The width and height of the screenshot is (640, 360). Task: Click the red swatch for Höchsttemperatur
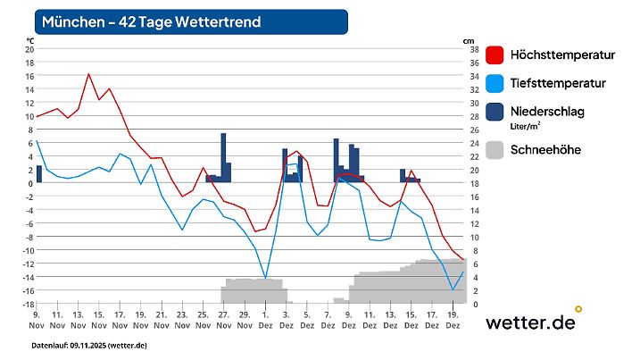(494, 55)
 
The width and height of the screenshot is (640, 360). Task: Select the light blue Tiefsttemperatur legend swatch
(494, 84)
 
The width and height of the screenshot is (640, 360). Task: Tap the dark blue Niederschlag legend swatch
(494, 112)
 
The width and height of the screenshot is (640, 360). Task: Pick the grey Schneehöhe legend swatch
(494, 150)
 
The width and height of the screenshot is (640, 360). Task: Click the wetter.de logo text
(529, 322)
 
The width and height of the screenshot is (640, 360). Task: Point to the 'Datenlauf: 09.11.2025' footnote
(89, 345)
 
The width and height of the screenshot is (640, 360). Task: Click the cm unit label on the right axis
(469, 41)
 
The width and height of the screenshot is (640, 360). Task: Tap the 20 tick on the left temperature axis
(29, 50)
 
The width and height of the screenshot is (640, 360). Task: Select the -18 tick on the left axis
(29, 304)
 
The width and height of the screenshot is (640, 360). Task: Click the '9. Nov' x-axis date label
(36, 320)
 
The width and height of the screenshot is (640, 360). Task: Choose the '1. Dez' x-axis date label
(265, 320)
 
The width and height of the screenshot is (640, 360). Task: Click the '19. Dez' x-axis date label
(453, 320)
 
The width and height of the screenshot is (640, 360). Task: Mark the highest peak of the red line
(88, 74)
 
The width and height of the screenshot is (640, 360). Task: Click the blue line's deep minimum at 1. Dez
(265, 279)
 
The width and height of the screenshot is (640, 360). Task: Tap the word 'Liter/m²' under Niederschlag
(525, 127)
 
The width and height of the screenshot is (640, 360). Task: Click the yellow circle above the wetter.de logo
(578, 309)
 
